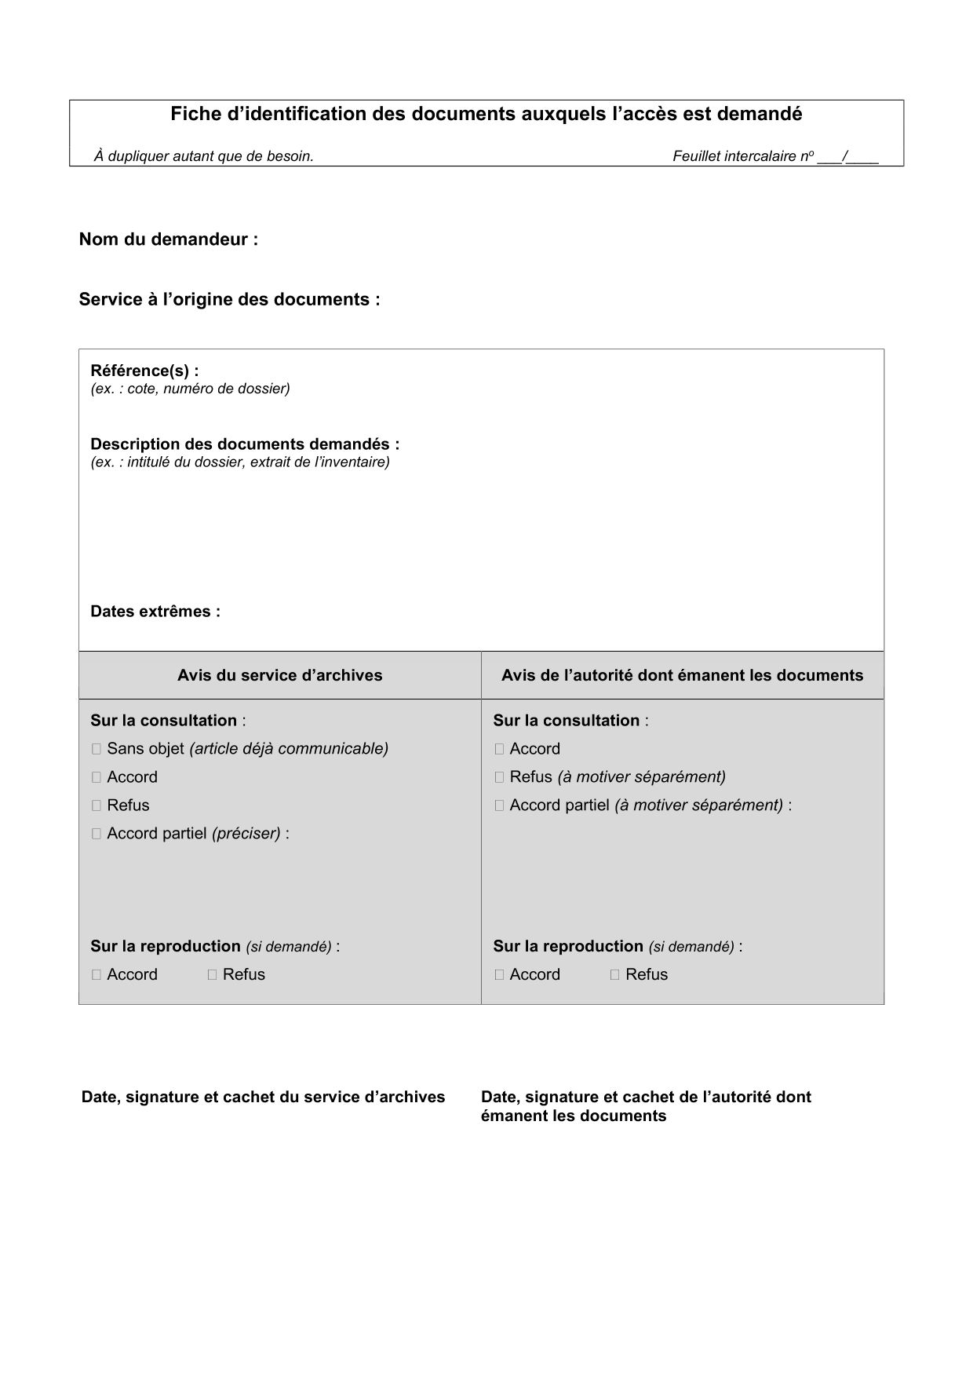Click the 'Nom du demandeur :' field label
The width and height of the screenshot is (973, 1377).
[x=168, y=239]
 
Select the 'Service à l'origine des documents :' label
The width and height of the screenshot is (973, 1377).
[x=229, y=299]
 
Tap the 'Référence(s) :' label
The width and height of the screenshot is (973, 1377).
[x=144, y=371]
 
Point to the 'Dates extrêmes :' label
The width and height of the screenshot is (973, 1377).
[x=155, y=612]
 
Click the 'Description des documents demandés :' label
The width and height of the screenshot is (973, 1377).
[x=245, y=444]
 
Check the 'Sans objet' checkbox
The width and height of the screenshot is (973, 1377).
[x=97, y=749]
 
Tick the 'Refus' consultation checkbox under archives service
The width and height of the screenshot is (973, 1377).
[x=97, y=805]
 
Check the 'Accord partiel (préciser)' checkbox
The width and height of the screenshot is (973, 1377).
[x=97, y=834]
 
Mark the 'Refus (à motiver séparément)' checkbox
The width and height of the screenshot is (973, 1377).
[x=499, y=777]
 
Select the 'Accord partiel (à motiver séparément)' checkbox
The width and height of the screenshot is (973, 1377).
[x=499, y=805]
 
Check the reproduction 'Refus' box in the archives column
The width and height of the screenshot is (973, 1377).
[x=212, y=975]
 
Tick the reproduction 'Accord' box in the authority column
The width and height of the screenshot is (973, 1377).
[x=499, y=975]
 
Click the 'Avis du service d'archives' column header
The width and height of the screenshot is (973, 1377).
[x=279, y=675]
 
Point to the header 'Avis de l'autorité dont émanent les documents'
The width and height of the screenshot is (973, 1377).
[x=682, y=675]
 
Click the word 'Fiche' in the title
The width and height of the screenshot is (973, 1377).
[x=191, y=115]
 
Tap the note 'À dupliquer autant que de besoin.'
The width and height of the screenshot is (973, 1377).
[x=204, y=156]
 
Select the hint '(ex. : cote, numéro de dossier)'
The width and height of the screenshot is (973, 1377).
[x=190, y=389]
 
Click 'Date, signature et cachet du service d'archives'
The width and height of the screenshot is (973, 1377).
[x=263, y=1097]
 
